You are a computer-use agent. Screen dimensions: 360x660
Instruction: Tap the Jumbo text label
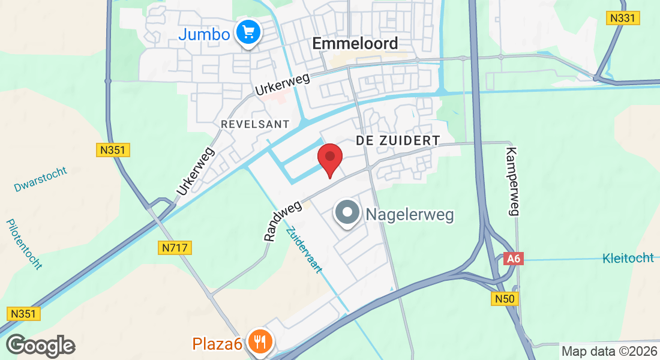click(x=204, y=34)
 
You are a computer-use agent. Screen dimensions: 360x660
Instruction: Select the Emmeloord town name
click(x=355, y=43)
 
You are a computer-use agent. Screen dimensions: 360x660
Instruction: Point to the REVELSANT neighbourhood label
click(x=255, y=124)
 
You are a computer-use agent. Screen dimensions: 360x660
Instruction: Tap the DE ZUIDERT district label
click(x=398, y=140)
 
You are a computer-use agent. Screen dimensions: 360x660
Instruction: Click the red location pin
click(x=329, y=158)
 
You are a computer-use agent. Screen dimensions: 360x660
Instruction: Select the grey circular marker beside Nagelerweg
click(x=347, y=213)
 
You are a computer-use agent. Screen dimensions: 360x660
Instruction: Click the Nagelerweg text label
click(x=410, y=214)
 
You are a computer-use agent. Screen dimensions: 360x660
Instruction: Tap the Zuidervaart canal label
click(x=304, y=250)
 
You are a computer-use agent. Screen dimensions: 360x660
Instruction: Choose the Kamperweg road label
click(x=512, y=181)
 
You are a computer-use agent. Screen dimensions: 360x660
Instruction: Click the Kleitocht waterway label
click(x=628, y=259)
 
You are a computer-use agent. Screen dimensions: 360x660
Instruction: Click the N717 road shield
click(x=175, y=247)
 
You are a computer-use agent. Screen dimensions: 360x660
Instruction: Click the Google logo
click(x=41, y=346)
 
